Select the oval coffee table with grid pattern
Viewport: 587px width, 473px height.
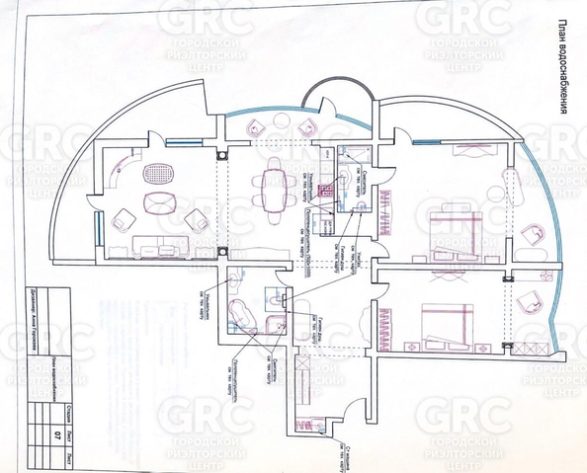(x=156, y=176)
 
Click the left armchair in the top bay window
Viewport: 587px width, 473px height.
(x=256, y=126)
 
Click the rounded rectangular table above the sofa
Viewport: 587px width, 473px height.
(x=161, y=204)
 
